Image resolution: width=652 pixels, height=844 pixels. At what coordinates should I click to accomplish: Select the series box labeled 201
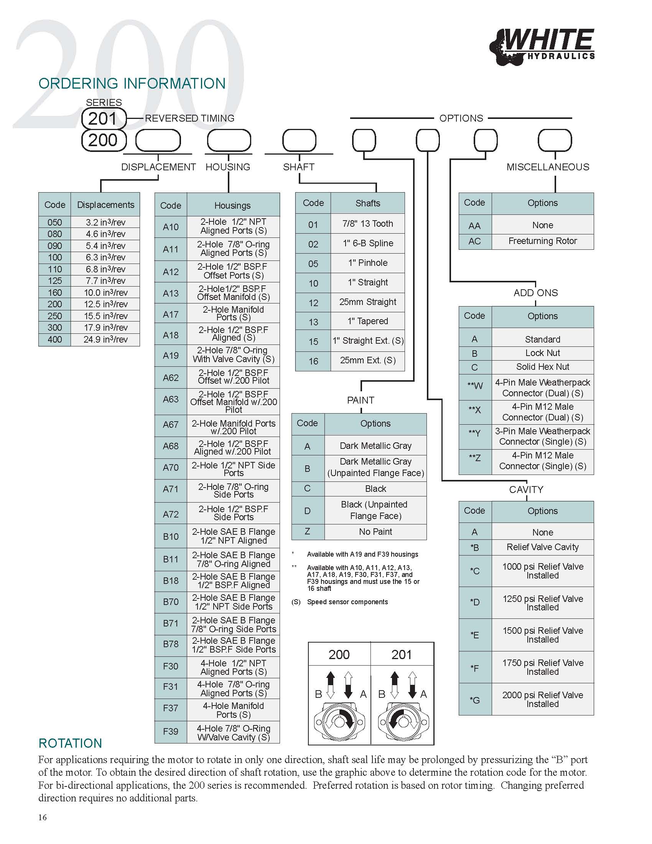point(104,118)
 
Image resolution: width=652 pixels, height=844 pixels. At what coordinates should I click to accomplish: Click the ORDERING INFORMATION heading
point(132,84)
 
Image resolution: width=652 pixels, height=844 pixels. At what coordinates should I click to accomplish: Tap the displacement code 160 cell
point(55,293)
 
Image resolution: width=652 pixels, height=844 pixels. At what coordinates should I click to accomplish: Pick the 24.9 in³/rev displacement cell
point(105,340)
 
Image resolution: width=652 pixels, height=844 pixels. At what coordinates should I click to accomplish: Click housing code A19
point(171,355)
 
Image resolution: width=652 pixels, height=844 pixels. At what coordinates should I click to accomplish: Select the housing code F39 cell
point(171,732)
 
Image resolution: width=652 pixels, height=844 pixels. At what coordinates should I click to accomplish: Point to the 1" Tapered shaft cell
point(368,321)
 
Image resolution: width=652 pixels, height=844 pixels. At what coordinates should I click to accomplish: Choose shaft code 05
point(313,264)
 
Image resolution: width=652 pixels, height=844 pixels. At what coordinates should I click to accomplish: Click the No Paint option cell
point(375,532)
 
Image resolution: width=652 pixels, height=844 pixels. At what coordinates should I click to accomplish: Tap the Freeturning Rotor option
point(543,241)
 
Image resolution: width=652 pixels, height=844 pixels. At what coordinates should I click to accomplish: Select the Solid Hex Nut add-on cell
point(543,367)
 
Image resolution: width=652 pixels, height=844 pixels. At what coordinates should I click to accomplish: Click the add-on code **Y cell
point(475,436)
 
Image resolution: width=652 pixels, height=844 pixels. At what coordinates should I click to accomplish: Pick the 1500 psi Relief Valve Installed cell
point(543,635)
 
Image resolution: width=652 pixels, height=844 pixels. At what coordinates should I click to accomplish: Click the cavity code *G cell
point(475,699)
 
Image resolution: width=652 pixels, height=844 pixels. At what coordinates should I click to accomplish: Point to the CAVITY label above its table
point(526,490)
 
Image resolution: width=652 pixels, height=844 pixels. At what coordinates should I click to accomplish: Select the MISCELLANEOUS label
point(548,167)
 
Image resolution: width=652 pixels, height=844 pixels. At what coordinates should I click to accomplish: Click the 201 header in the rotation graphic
point(402,654)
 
